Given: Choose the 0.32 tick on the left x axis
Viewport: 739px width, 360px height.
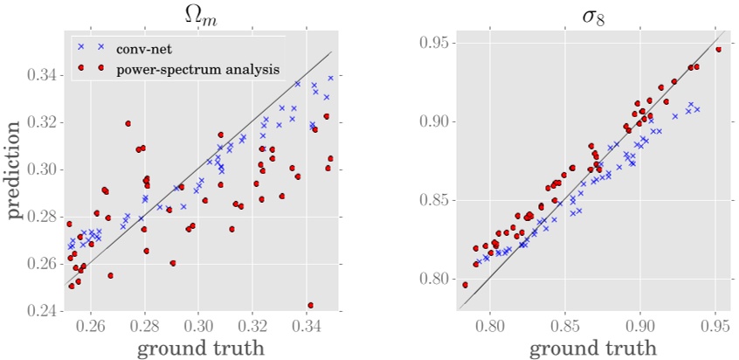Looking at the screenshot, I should pos(253,326).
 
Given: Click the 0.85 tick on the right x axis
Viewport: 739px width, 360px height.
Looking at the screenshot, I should pos(565,326).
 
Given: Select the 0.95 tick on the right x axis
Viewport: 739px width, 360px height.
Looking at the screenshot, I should pos(715,326).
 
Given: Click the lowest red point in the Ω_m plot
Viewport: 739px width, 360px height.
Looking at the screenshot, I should pos(311,305).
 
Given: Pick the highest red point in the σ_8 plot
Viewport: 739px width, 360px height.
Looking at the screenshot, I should pos(718,49).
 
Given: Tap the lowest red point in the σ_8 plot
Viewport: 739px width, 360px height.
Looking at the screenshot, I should pos(465,285).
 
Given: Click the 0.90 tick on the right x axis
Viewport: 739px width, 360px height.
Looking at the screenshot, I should pos(640,326).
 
